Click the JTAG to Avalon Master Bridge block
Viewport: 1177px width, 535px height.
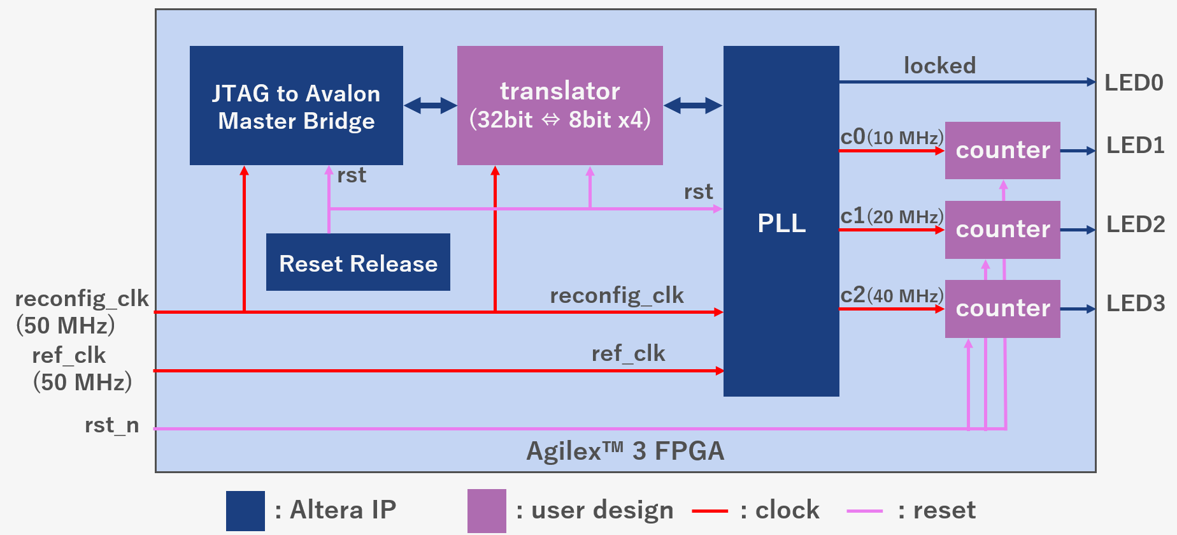[296, 106]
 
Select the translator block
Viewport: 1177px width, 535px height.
[560, 105]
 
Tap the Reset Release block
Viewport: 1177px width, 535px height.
[358, 263]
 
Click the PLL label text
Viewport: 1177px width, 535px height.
[781, 223]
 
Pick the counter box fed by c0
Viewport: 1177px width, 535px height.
[1002, 150]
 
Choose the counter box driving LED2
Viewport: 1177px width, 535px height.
[1002, 230]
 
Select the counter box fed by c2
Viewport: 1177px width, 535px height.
[1002, 309]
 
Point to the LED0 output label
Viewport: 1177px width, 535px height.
[1134, 83]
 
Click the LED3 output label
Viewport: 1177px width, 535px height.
[1136, 304]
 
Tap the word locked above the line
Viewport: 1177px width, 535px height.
[939, 66]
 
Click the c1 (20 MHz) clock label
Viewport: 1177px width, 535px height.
[892, 216]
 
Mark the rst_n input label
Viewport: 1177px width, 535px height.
[112, 425]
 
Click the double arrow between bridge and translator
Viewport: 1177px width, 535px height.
[431, 105]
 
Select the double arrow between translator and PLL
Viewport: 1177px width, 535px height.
[693, 105]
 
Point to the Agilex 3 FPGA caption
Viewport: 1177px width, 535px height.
[625, 451]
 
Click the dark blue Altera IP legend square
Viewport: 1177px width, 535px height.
[245, 511]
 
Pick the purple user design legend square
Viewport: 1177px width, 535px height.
[487, 511]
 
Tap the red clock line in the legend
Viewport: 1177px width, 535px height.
[710, 511]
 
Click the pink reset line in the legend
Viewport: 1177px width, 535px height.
[864, 511]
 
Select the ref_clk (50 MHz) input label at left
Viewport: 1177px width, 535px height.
[82, 369]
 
